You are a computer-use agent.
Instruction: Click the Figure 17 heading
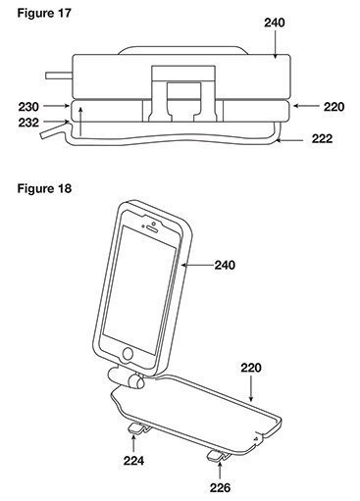(x=44, y=14)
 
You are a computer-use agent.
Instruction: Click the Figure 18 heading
(x=44, y=188)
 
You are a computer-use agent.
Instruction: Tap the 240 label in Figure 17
(x=275, y=23)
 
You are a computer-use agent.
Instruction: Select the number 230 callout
(x=28, y=107)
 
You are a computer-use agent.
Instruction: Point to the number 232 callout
(x=28, y=123)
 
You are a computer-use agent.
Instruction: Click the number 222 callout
(x=322, y=139)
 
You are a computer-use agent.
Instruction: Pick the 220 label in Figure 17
(x=334, y=107)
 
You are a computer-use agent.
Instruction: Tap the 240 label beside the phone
(x=225, y=265)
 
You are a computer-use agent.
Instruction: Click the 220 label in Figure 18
(x=251, y=368)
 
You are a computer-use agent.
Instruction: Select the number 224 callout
(x=133, y=461)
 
